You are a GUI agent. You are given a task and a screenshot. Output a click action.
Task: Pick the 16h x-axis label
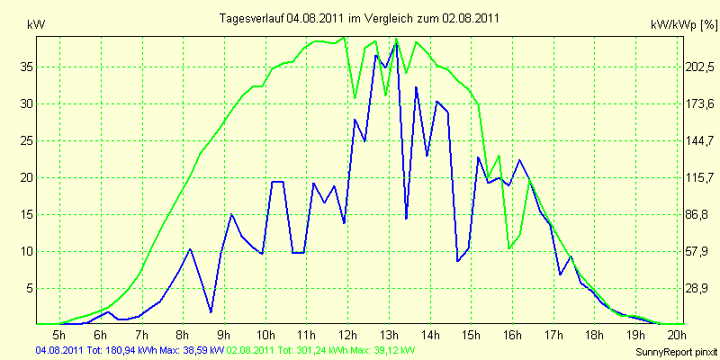[511, 336]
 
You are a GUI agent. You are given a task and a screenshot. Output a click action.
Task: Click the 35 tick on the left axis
[27, 67]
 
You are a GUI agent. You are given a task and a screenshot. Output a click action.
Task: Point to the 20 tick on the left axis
[27, 178]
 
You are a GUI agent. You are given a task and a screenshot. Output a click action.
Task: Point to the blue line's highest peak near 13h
[396, 44]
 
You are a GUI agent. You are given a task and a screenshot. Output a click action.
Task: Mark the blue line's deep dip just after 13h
[406, 219]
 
